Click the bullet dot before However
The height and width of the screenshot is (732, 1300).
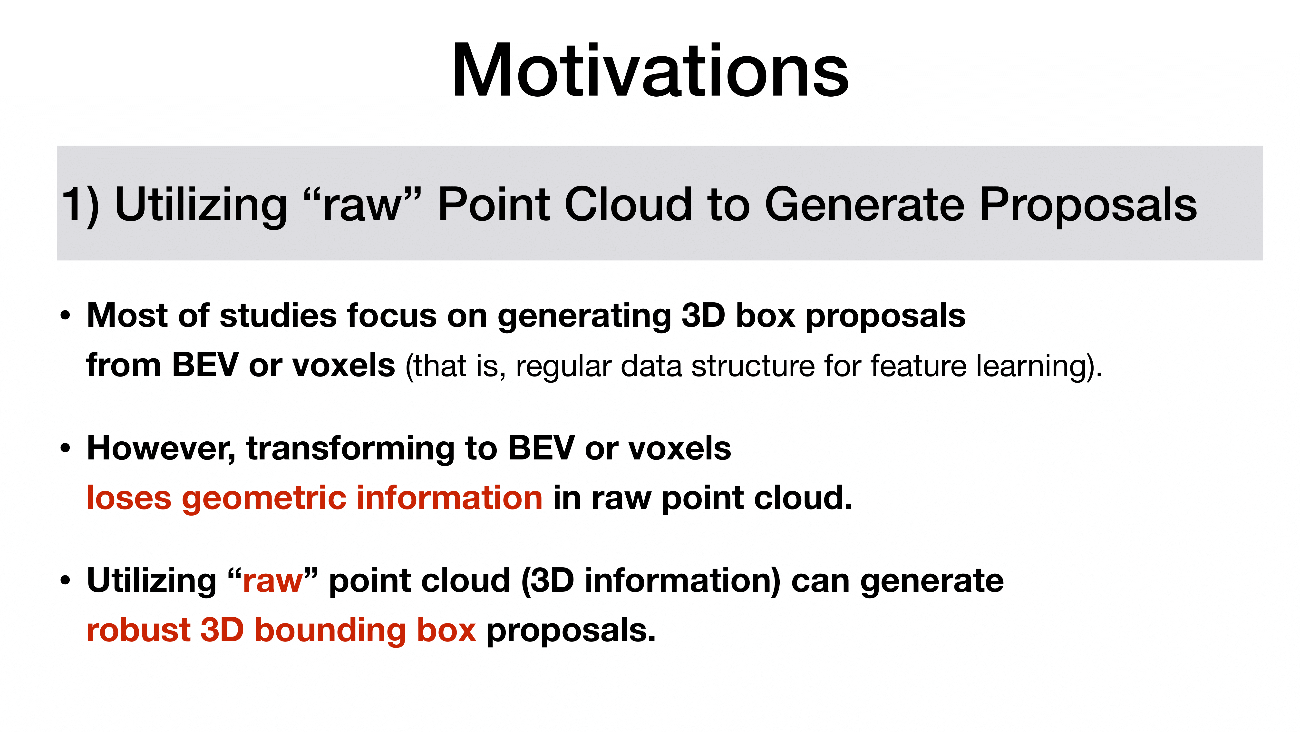tap(65, 449)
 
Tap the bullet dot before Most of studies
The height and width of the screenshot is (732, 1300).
tap(65, 316)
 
